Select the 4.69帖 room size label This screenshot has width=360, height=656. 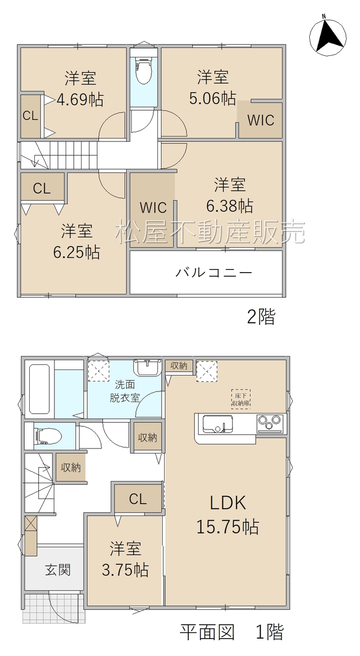(79, 99)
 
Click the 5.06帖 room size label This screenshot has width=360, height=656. (212, 98)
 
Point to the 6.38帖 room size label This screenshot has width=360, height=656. (230, 206)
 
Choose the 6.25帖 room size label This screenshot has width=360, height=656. (76, 252)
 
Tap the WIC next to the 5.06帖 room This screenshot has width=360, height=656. (261, 120)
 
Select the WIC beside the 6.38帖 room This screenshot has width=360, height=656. (153, 208)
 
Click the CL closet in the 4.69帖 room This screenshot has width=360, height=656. (30, 116)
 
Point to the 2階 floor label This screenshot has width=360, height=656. (261, 317)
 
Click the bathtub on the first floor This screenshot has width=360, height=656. (39, 389)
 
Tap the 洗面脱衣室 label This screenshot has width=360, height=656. (124, 391)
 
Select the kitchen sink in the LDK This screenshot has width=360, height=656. (218, 424)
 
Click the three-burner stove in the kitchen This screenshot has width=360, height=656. (270, 423)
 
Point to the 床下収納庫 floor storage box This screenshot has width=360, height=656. (241, 399)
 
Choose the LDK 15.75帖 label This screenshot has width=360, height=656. (228, 515)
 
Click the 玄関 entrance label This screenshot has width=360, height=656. (58, 570)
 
